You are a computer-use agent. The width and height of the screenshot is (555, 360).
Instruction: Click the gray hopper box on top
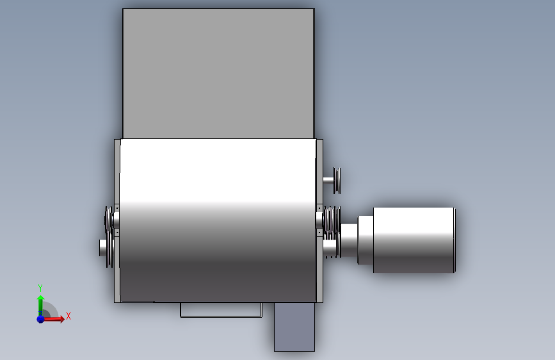pyautogui.click(x=218, y=74)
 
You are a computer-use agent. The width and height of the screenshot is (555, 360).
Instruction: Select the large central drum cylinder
pyautogui.click(x=218, y=220)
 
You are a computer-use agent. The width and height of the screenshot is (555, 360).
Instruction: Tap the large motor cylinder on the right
pyautogui.click(x=414, y=240)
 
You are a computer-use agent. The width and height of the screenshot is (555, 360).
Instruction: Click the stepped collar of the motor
pyautogui.click(x=366, y=240)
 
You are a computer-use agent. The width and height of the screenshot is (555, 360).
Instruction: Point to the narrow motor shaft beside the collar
pyautogui.click(x=349, y=240)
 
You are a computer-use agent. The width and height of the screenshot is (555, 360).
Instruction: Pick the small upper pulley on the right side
pyautogui.click(x=337, y=181)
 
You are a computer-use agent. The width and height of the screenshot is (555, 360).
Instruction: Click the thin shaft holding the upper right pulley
pyautogui.click(x=328, y=181)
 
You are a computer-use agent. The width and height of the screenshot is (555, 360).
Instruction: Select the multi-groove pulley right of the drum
pyautogui.click(x=332, y=220)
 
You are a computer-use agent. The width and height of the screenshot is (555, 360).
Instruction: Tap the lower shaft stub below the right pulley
pyautogui.click(x=329, y=247)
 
